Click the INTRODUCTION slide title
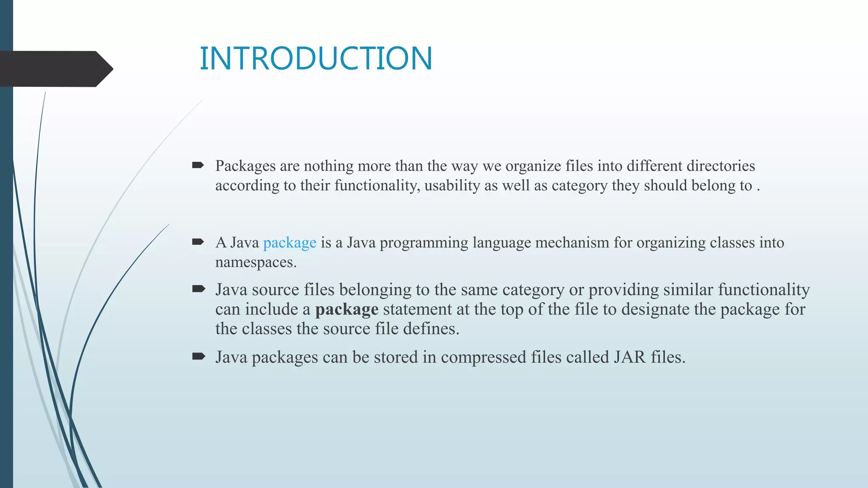coord(316,58)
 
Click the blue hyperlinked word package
coord(289,243)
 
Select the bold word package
coord(347,310)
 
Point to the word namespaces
coord(256,262)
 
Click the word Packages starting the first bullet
coord(245,166)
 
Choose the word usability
coord(451,186)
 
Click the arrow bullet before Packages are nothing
coord(198,165)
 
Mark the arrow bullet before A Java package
coord(198,242)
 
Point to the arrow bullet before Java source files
coord(198,289)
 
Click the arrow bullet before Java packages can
coord(198,356)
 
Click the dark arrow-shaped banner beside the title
coord(55,69)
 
